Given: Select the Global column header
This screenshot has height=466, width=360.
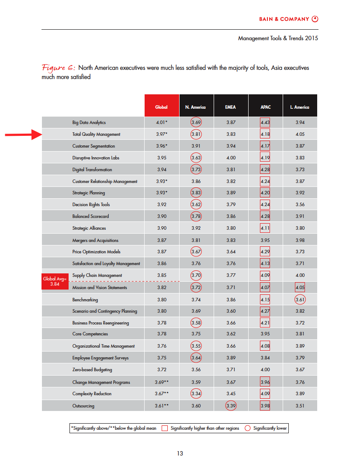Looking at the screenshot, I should point(161,107).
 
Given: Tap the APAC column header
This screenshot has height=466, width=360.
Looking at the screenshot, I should point(265,107).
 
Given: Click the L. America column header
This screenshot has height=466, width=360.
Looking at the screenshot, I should point(300,107).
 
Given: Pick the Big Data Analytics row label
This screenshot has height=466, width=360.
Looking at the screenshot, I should point(89,123).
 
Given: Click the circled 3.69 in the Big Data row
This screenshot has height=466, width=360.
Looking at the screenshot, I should point(196,123).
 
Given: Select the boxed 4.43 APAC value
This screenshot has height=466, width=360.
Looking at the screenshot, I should point(265,123).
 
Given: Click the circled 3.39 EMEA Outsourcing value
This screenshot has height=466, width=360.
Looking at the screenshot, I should point(231,406).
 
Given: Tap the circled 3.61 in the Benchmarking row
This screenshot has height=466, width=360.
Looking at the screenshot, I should point(300,300).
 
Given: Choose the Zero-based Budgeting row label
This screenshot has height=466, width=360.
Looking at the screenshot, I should point(92,369).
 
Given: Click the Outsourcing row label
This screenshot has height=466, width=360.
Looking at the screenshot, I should point(83,406).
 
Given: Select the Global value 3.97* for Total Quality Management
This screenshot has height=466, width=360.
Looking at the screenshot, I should point(161,134).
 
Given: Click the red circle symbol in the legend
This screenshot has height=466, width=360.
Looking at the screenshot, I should point(248,428).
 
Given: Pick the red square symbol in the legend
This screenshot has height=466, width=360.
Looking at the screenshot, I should point(165,428).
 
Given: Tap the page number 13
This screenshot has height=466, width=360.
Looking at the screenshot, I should point(180,453).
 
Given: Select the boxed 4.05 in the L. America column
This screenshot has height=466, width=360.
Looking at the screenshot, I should point(300,287).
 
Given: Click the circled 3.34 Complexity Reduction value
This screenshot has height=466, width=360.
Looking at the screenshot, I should point(196,394).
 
